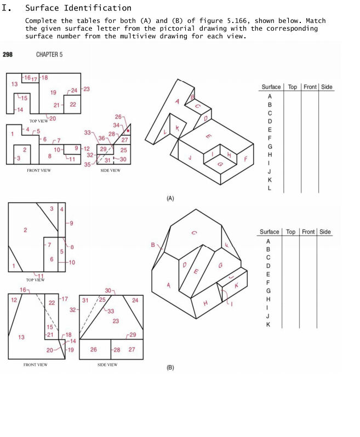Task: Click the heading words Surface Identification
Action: [78, 8]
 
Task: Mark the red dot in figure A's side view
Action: [128, 131]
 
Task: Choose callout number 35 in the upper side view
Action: [88, 165]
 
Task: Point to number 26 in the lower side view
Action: [93, 349]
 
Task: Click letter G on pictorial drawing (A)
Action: [221, 164]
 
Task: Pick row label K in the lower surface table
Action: [268, 324]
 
